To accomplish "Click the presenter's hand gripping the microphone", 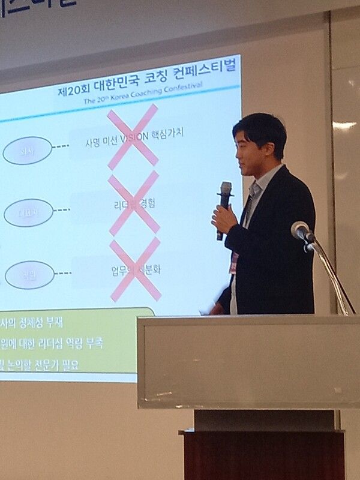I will (x=223, y=220).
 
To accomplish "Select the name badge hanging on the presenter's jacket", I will (x=234, y=263).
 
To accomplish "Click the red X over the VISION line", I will (x=133, y=136).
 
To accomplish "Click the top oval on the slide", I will (x=28, y=151).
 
